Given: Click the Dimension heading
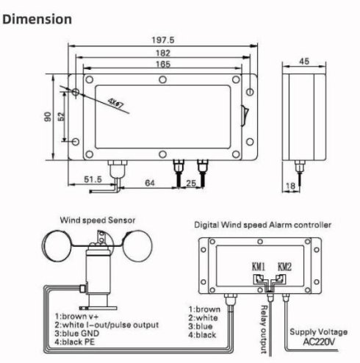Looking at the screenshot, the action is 37,19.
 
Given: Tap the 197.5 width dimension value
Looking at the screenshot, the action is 163,40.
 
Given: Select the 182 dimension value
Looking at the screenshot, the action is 163,53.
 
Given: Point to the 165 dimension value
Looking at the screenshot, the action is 163,64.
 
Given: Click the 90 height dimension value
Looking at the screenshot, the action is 48,117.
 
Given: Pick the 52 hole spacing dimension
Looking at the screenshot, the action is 61,116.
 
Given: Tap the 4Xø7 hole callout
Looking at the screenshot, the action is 116,104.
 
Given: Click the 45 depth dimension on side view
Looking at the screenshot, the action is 304,61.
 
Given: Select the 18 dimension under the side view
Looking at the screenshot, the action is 290,186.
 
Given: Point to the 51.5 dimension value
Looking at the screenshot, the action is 93,179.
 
